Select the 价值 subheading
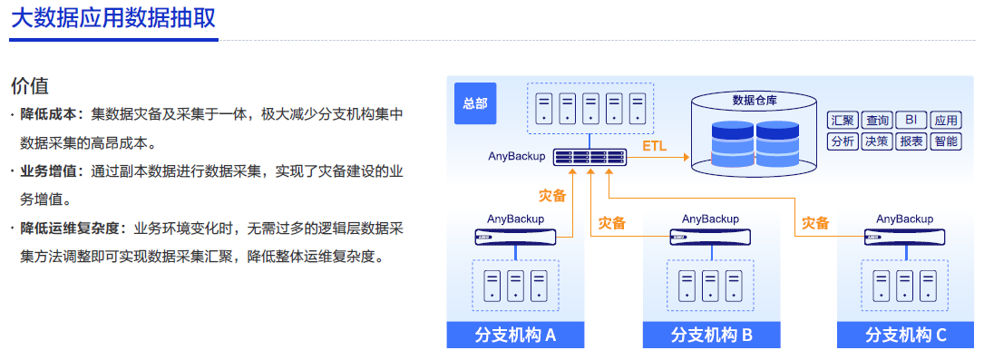click(x=29, y=86)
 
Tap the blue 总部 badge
click(x=474, y=103)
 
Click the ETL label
click(x=654, y=146)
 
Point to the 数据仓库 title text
click(x=754, y=99)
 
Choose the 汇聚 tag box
click(x=843, y=121)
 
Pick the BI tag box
click(x=911, y=121)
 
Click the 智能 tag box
click(x=945, y=141)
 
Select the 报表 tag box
click(x=911, y=141)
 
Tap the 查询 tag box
click(x=877, y=121)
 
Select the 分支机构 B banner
click(x=711, y=335)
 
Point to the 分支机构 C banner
click(x=906, y=335)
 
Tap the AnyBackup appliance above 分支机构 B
click(x=710, y=237)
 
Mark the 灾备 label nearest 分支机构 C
click(x=815, y=222)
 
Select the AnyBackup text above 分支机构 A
click(x=515, y=219)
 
